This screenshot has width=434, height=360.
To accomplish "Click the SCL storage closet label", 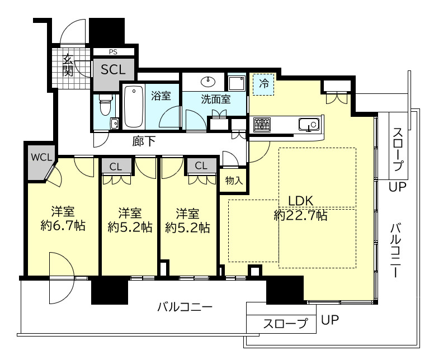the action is pos(113,69).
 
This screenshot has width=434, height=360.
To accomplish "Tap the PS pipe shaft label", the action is pos(113,52).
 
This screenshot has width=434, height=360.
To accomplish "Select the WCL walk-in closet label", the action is pos(41,158).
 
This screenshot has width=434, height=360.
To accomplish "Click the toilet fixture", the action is pos(105,105).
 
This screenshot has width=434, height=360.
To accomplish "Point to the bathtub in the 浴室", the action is pos(134,106).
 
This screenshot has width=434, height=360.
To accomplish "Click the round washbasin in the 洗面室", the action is pos(208,82).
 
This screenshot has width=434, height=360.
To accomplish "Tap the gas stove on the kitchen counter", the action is pos(262,125).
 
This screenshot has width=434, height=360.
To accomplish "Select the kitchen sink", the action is pos(309,124).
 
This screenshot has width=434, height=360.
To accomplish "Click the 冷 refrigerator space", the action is pos(263,84).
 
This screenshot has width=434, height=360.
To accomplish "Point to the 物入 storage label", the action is pos(234,181).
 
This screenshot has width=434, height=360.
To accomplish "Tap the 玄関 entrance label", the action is pos(68,66).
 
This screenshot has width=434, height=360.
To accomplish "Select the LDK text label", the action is pos(300,201).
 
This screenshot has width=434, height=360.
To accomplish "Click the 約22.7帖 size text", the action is pos(300,215).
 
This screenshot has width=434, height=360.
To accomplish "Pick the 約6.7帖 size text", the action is pos(63,226).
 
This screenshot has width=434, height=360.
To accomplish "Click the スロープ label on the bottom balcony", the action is pos(285,324).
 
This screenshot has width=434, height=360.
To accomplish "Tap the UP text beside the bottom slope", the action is pos(330,320).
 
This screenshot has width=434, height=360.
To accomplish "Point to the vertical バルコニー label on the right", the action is pos(396,250).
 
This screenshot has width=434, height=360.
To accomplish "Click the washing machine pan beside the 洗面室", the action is pos(237,83).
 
